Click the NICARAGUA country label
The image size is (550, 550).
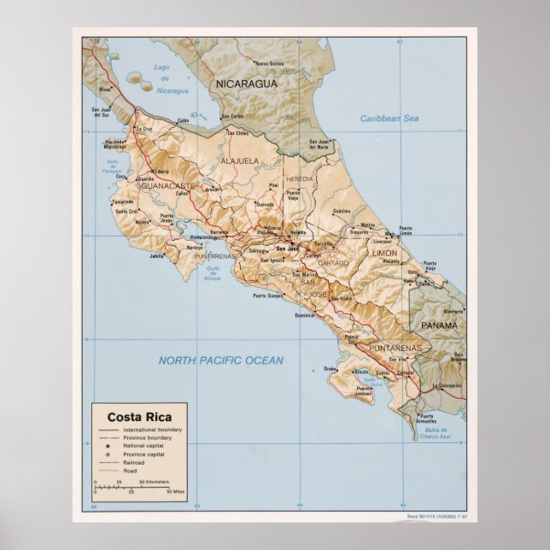pyautogui.click(x=246, y=85)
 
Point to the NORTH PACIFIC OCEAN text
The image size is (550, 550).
pyautogui.click(x=220, y=360)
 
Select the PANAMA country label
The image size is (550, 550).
pyautogui.click(x=439, y=325)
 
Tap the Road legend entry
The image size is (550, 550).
pyautogui.click(x=129, y=471)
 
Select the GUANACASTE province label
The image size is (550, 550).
pyautogui.click(x=168, y=185)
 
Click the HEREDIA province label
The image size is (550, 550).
pyautogui.click(x=300, y=178)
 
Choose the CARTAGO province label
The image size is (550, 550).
pyautogui.click(x=334, y=263)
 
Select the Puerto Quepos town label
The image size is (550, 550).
pyautogui.click(x=267, y=296)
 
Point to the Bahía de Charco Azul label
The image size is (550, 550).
pyautogui.click(x=435, y=434)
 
